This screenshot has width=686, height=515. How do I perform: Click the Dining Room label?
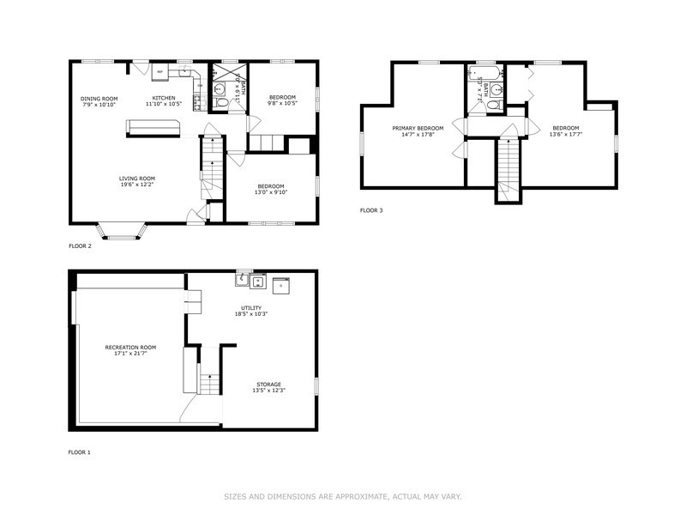[99, 99]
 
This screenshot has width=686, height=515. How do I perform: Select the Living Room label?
[136, 178]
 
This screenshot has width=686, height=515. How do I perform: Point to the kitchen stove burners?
[198, 102]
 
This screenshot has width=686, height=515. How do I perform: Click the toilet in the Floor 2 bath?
[221, 104]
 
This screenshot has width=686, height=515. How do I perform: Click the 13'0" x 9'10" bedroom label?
[271, 189]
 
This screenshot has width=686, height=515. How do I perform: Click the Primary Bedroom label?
[412, 129]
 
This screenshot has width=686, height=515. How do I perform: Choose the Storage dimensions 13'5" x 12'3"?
[268, 391]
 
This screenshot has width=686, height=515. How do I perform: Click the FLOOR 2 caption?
[80, 245]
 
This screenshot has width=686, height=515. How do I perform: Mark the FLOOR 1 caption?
[80, 451]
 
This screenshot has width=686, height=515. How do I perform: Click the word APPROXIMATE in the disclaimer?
[358, 496]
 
